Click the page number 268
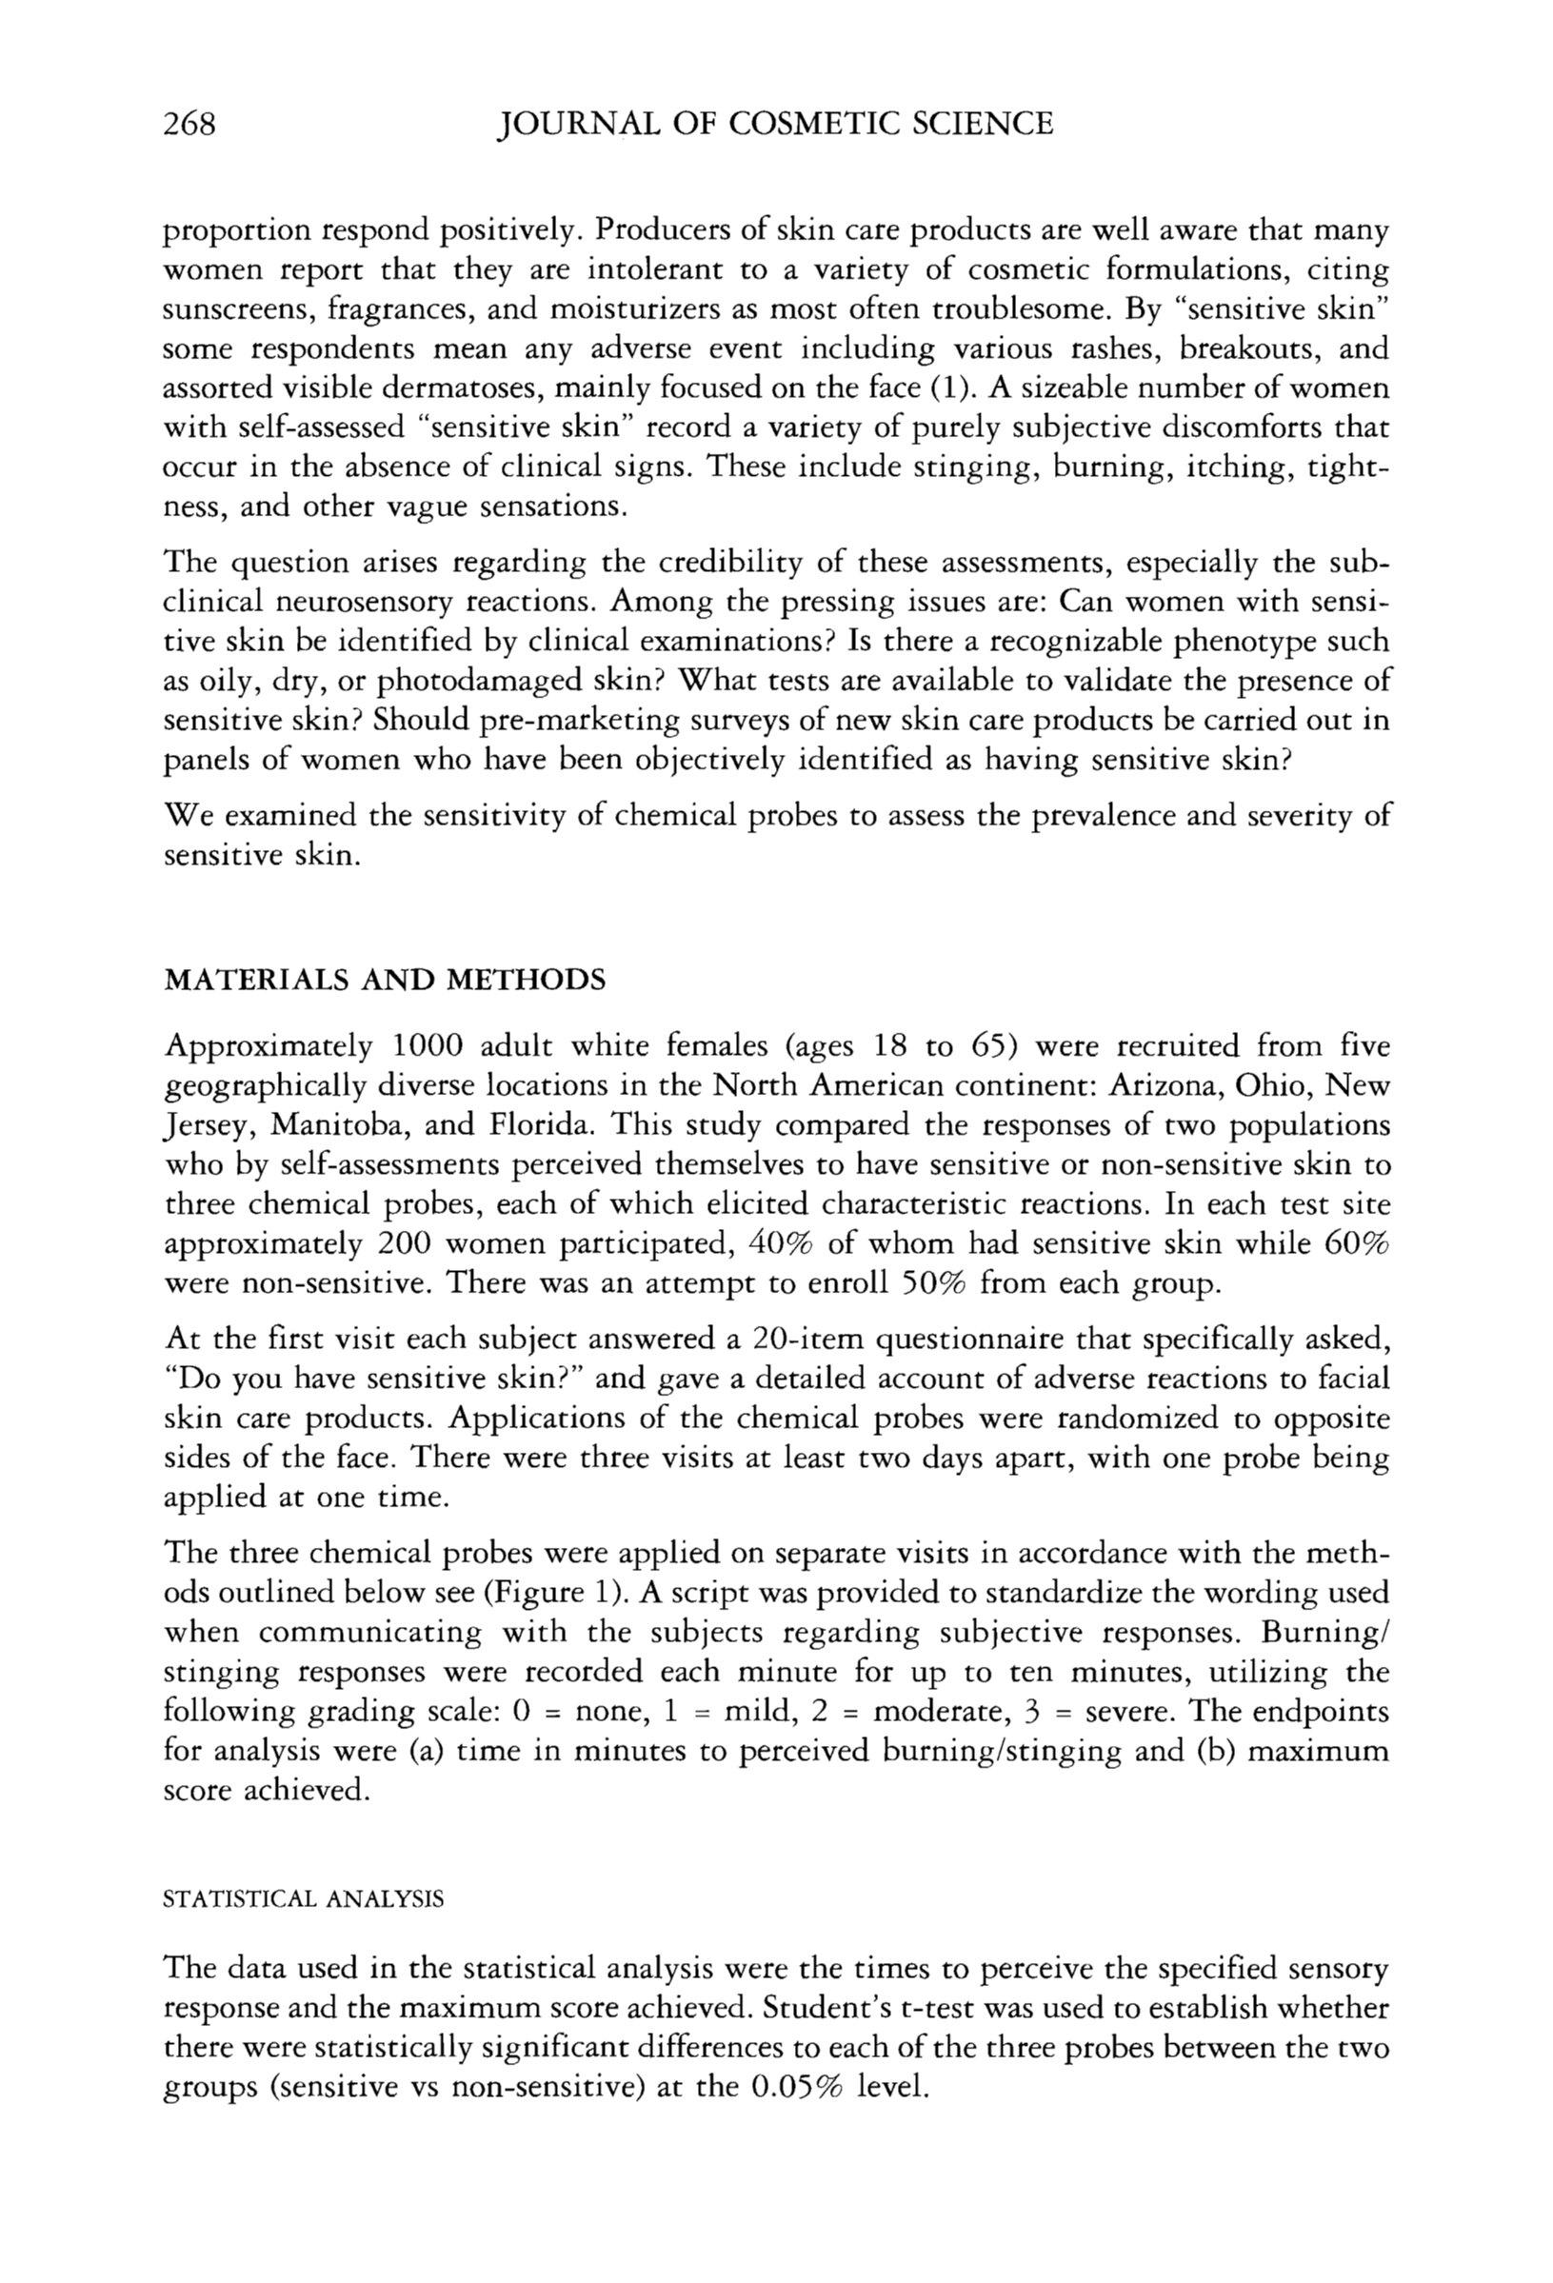coord(189,124)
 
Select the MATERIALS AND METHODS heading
coord(384,980)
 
